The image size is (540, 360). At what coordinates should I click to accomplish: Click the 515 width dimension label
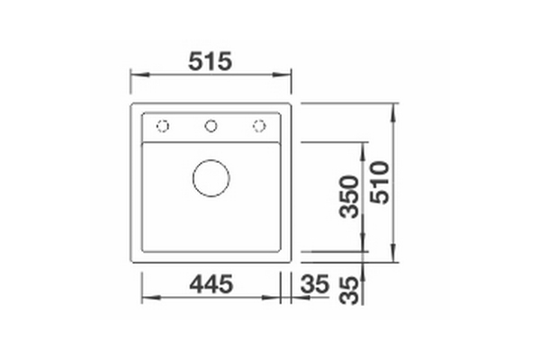(210, 61)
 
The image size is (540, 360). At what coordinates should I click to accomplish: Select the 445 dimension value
(211, 284)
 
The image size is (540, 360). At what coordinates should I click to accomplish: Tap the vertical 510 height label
(380, 183)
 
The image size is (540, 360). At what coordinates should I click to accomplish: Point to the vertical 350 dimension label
(349, 197)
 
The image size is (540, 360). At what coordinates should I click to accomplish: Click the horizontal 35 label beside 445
(315, 284)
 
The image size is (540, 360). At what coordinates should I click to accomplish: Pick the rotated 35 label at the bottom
(349, 291)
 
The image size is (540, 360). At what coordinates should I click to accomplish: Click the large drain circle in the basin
(211, 178)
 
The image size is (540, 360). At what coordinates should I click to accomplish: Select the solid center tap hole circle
(211, 126)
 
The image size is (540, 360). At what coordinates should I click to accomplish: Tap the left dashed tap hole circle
(163, 126)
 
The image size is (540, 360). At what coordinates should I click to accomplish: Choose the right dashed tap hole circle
(259, 126)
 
